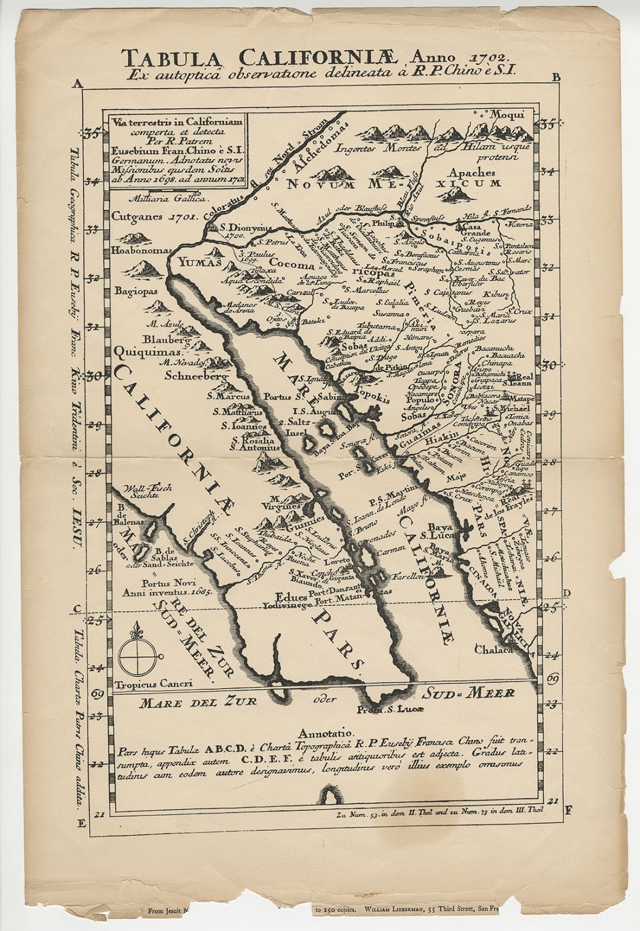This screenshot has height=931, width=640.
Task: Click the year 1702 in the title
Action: (483, 57)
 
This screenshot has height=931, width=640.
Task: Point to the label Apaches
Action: (472, 173)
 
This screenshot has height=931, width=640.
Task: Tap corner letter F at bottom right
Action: (568, 809)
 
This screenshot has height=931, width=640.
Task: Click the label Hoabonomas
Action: (143, 251)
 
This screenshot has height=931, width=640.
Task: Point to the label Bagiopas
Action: (136, 290)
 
